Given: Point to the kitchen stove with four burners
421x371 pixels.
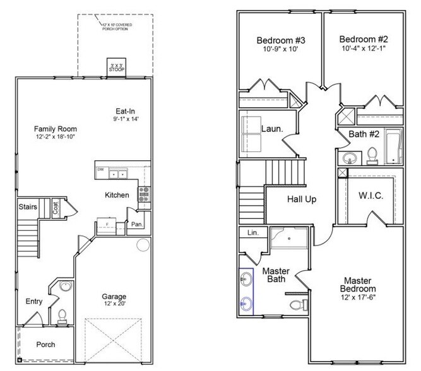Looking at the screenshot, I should [144, 193].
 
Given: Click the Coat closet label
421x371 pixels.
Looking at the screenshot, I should [56, 208].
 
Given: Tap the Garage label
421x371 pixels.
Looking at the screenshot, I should [114, 296].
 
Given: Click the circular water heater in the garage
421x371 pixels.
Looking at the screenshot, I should [143, 245].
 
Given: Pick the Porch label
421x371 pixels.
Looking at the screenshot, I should [45, 344].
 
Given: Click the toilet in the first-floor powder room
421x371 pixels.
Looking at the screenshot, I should [62, 315].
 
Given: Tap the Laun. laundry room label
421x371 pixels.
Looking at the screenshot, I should [271, 129].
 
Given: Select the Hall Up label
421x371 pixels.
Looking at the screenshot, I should [302, 199].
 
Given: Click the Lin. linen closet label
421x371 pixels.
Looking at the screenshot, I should [252, 233].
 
